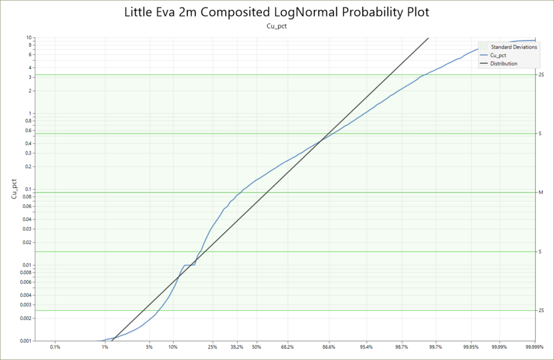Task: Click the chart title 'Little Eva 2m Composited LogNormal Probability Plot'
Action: pos(276,13)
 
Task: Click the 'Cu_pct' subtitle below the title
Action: pos(276,26)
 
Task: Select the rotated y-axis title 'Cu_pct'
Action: pos(14,189)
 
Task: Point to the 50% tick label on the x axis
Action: pos(257,347)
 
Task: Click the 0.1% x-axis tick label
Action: pos(55,347)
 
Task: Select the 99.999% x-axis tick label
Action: pos(534,347)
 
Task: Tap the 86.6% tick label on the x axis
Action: pos(329,347)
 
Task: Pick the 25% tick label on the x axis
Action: pos(213,347)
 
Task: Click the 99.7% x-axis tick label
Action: pos(435,347)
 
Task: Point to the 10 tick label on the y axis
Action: pos(28,37)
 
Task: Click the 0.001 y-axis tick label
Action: pos(25,340)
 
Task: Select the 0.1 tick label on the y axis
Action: pos(28,189)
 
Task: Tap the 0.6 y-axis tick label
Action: pos(28,131)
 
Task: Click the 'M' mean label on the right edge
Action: pos(541,192)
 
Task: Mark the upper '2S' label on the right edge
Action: pos(541,75)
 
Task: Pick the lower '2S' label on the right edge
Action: pos(541,310)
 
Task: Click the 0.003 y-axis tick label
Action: pos(25,305)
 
